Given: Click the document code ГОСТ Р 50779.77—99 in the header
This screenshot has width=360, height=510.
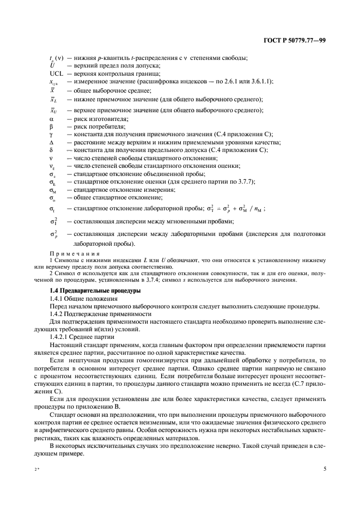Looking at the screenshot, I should click(295, 40).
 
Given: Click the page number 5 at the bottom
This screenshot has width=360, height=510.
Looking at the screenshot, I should click(325, 468).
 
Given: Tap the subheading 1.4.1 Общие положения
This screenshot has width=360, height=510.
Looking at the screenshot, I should click(81, 299).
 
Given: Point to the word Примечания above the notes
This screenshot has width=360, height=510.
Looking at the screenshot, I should click(75, 253).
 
